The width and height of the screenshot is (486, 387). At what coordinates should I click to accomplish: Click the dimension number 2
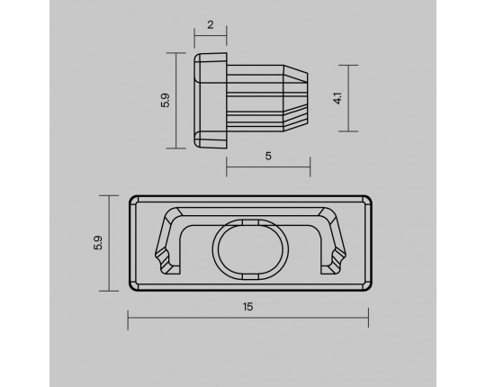210,25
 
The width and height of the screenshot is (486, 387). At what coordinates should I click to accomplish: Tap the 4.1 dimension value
337,98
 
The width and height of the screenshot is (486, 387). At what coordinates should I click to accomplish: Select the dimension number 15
247,307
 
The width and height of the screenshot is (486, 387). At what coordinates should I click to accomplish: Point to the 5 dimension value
268,156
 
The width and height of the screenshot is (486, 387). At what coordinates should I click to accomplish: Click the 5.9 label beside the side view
166,101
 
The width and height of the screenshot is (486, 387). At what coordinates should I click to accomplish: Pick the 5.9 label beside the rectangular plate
98,243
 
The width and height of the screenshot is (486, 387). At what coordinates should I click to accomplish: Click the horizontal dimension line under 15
248,318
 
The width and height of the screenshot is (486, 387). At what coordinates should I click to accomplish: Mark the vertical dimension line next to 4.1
348,98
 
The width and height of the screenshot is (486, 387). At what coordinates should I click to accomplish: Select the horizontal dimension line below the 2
211,36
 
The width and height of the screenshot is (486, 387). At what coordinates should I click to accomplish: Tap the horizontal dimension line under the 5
268,167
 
